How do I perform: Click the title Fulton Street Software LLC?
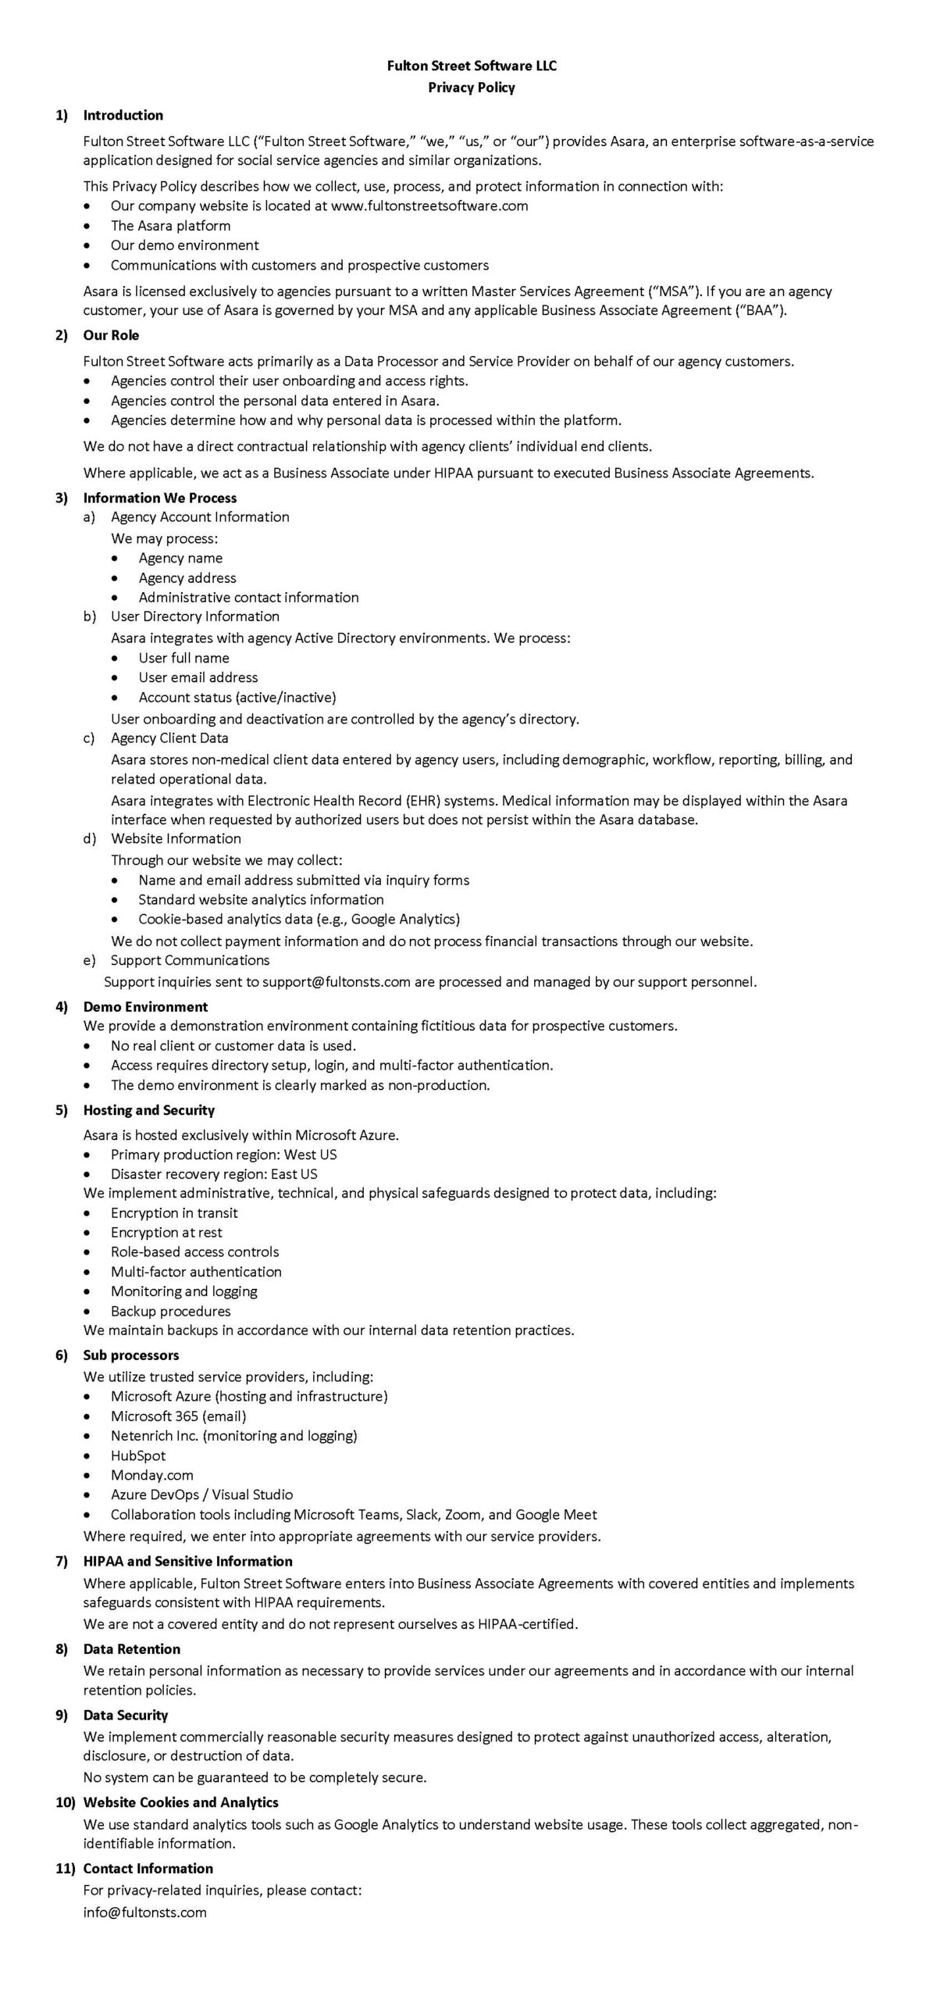point(472,66)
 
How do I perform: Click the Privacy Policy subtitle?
point(472,87)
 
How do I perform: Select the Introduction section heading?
point(123,115)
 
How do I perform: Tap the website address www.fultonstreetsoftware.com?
point(429,205)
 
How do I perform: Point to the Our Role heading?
point(111,335)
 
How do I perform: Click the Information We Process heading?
point(159,498)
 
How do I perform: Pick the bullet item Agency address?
point(187,578)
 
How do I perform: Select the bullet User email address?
point(198,677)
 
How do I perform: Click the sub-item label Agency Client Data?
point(169,738)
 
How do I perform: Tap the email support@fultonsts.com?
point(336,982)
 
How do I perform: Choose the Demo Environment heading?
point(145,1007)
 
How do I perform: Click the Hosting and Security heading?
point(148,1110)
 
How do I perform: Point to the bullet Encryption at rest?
point(166,1232)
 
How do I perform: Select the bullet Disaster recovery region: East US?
point(214,1173)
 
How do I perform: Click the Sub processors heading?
point(131,1355)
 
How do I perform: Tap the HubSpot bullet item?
point(138,1455)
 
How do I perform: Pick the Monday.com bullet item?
point(151,1475)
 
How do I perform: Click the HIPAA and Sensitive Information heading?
point(187,1561)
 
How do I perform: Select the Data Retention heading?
point(131,1649)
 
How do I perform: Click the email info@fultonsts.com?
point(145,1912)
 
